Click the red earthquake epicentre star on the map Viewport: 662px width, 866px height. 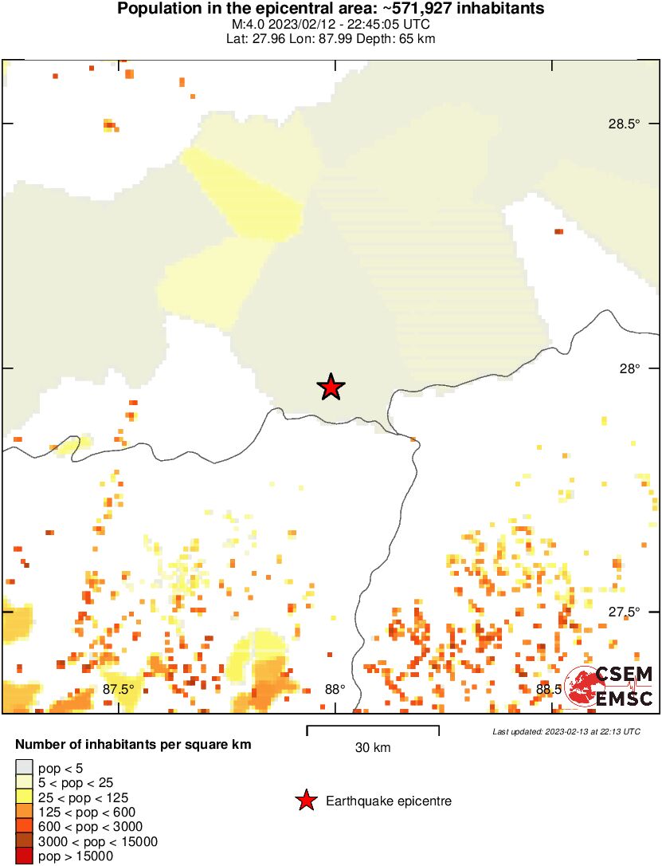pyautogui.click(x=331, y=387)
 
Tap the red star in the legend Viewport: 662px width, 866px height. pyautogui.click(x=305, y=801)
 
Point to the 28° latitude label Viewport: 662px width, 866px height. pyautogui.click(x=631, y=368)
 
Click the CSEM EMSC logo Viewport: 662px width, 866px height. pyautogui.click(x=609, y=686)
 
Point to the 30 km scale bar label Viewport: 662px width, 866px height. pyautogui.click(x=373, y=747)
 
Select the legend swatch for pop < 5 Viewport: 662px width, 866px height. pyautogui.click(x=24, y=768)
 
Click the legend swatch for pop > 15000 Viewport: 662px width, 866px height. pyautogui.click(x=24, y=856)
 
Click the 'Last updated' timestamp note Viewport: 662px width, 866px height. pyautogui.click(x=566, y=731)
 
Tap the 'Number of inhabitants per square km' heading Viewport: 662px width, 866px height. pyautogui.click(x=134, y=745)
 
